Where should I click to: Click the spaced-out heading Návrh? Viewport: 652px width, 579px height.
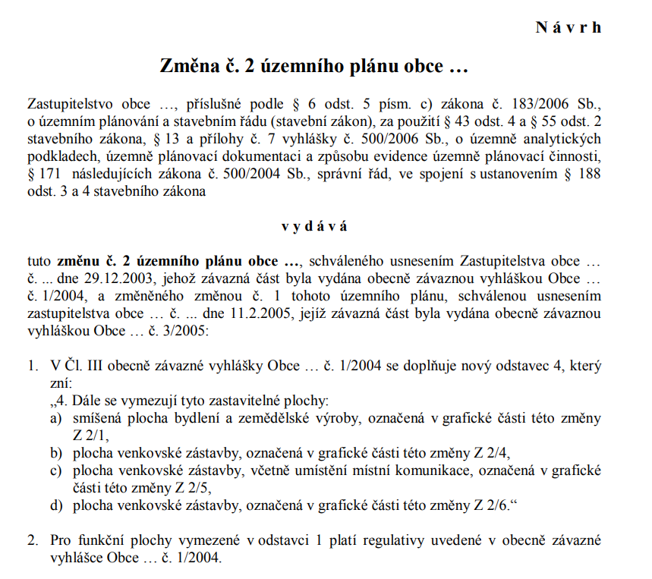[x=569, y=27]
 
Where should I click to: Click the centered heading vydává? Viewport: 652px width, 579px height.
[x=314, y=226]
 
